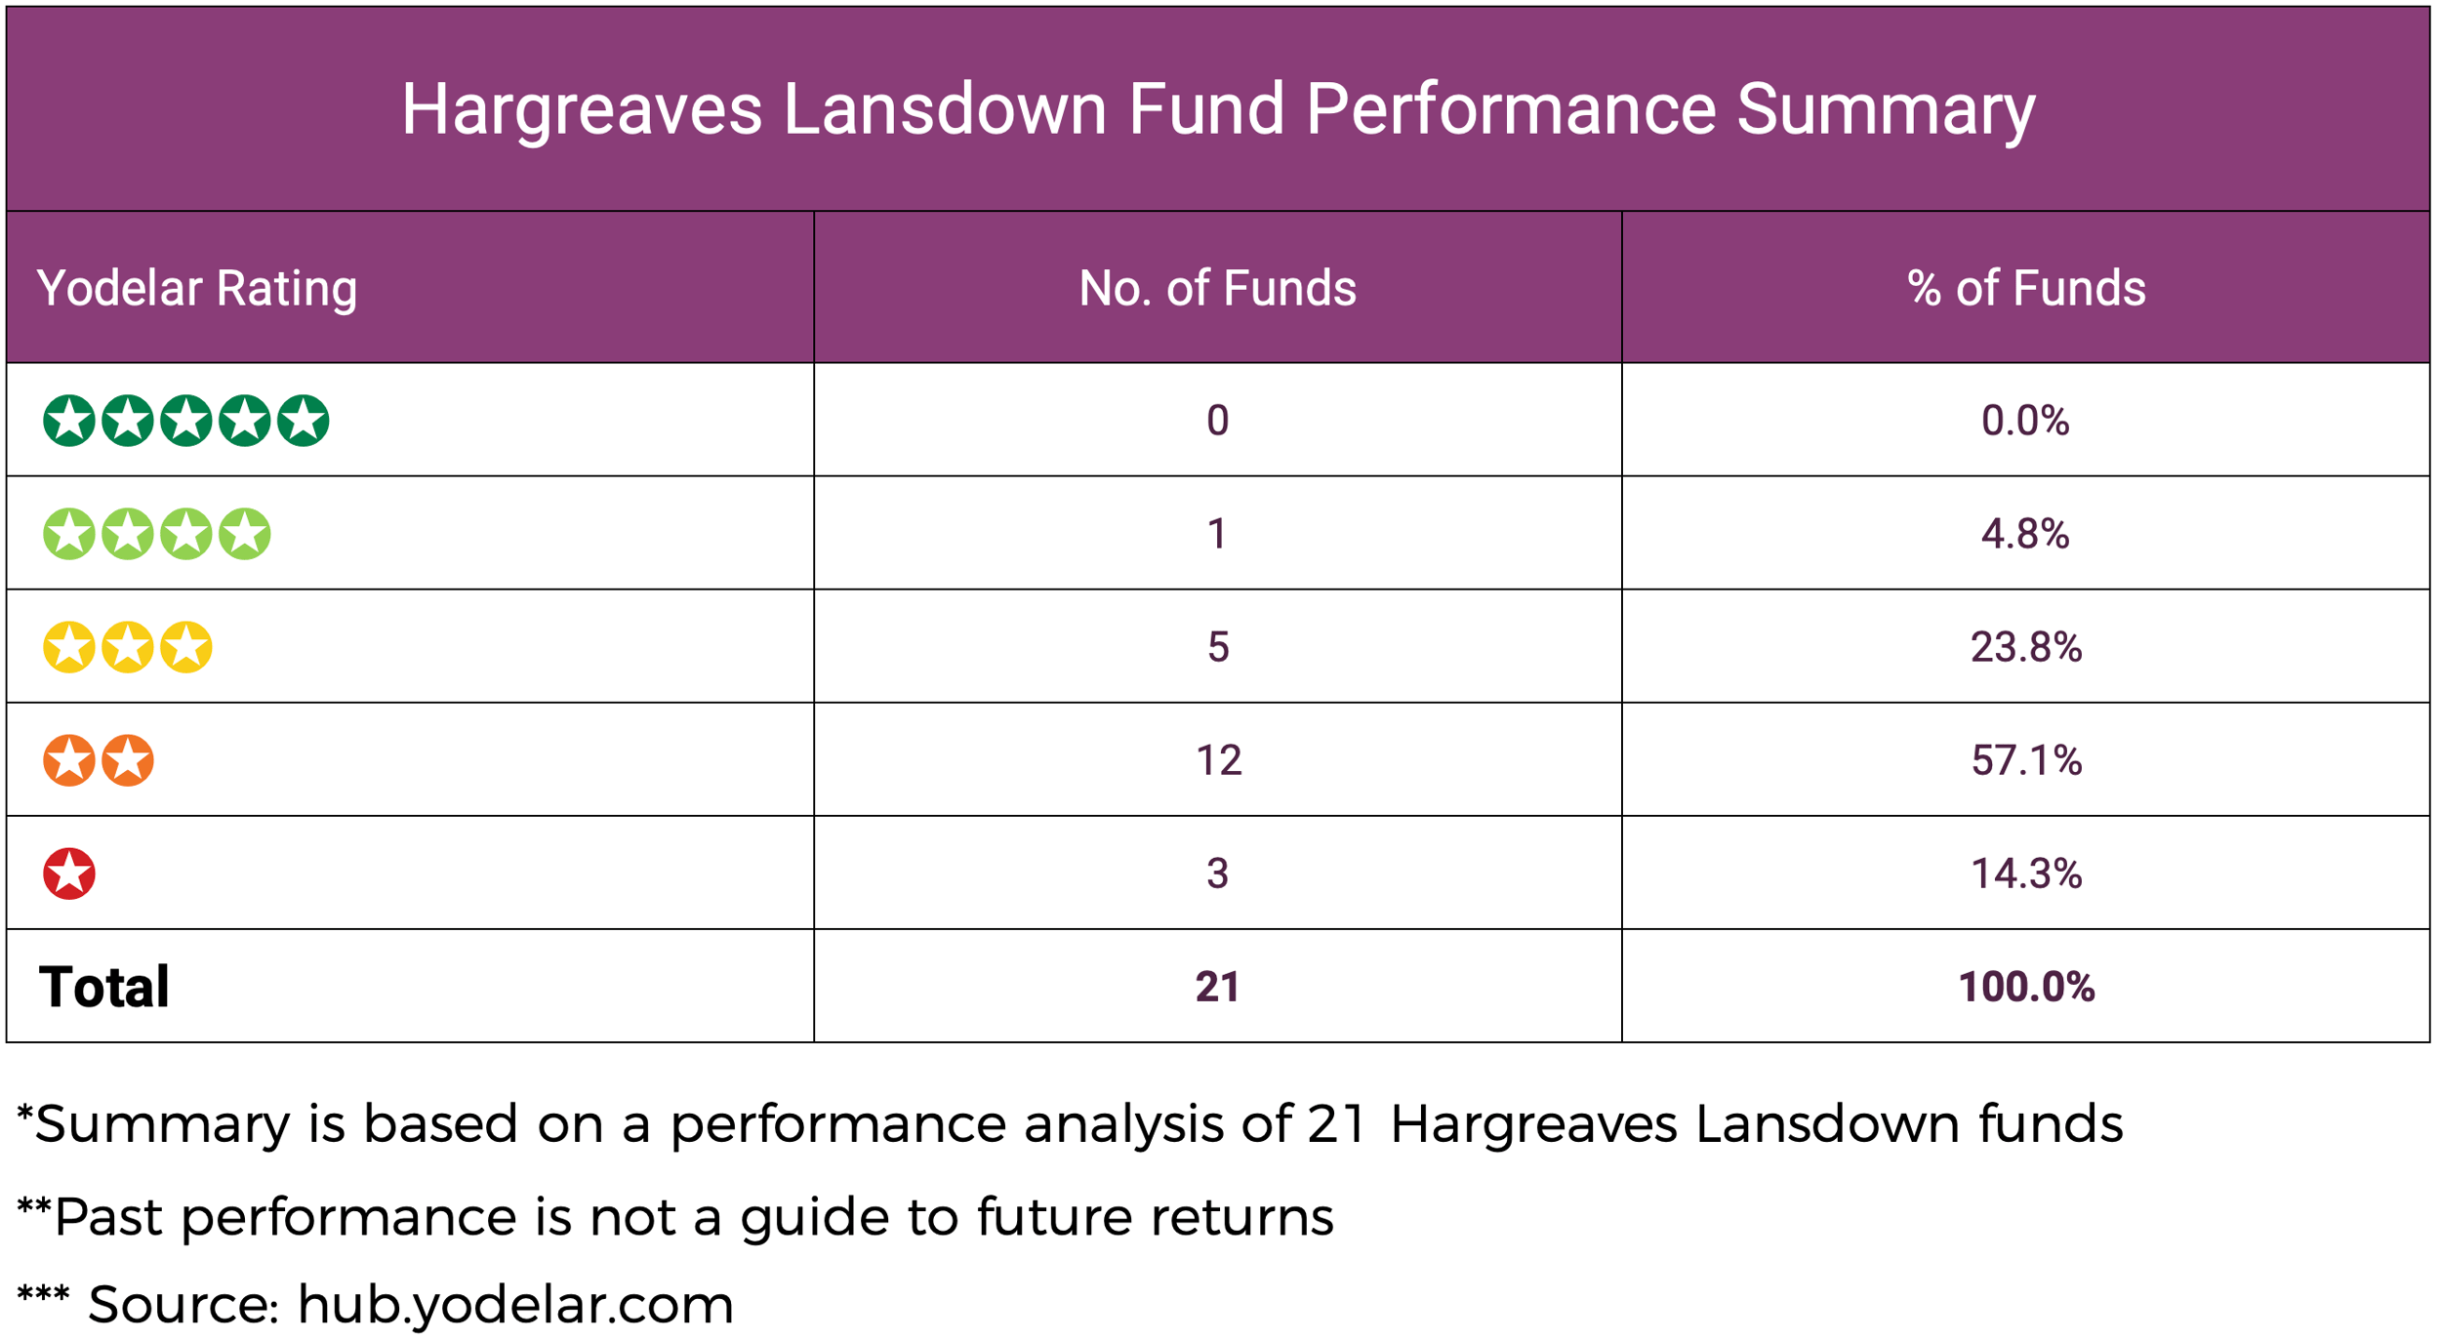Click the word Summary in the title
point(1886,109)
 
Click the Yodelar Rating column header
point(197,289)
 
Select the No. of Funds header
point(1217,289)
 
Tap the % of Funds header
point(2026,289)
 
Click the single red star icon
point(69,874)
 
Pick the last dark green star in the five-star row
point(303,421)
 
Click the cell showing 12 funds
point(1218,760)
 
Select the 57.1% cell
point(2026,760)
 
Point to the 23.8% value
point(2026,647)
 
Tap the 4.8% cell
point(2025,534)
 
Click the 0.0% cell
point(2025,421)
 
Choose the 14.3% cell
point(2026,874)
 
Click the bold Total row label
point(104,987)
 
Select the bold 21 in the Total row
point(1217,987)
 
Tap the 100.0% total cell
point(2026,987)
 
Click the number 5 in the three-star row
point(1218,647)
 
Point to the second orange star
point(128,760)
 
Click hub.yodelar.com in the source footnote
point(514,1305)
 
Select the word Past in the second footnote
point(107,1217)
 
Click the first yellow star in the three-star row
point(69,647)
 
